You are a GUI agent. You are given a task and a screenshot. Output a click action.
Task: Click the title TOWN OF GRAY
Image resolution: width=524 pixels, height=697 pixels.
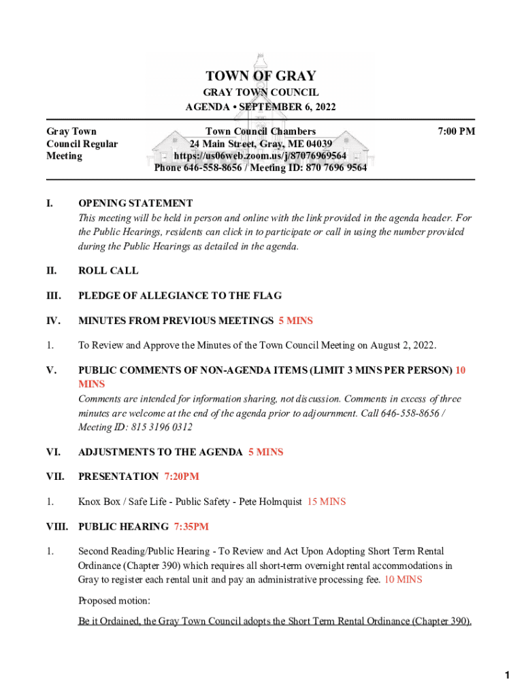tap(261, 76)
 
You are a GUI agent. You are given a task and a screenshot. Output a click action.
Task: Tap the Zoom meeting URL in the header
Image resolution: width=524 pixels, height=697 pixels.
tap(261, 156)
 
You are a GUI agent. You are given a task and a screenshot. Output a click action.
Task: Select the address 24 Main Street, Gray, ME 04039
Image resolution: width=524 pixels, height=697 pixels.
tap(261, 144)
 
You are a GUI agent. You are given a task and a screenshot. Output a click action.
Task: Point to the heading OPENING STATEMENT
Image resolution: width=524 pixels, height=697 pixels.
tap(135, 203)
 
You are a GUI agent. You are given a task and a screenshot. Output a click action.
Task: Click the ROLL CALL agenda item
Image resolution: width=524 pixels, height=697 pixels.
tap(108, 270)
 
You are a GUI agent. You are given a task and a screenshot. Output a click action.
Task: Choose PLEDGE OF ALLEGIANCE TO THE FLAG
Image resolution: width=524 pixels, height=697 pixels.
tap(180, 295)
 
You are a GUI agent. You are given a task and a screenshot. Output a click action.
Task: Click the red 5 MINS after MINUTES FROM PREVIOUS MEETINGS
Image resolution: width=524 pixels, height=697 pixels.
tap(295, 321)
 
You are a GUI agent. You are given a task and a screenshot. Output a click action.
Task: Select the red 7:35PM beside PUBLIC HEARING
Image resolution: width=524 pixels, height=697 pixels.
tap(191, 526)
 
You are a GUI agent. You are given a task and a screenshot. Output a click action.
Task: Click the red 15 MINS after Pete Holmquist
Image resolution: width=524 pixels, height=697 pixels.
tap(327, 502)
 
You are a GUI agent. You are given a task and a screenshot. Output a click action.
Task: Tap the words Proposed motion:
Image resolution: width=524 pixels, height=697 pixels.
tap(114, 601)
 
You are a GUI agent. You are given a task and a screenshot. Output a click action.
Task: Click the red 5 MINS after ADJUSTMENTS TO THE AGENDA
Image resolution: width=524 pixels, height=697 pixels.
tap(265, 452)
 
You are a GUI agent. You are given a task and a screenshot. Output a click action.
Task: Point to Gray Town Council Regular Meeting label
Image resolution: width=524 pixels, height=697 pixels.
tap(82, 144)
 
